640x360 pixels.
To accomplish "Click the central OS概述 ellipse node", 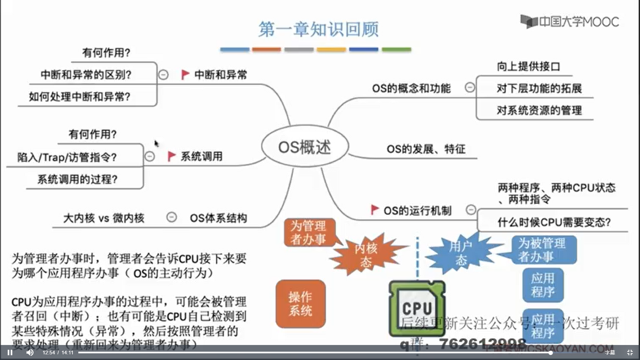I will (305, 147).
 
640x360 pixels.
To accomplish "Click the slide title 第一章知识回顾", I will (318, 29).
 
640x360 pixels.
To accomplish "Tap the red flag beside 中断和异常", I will (185, 74).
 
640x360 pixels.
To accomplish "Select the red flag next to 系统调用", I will (171, 156).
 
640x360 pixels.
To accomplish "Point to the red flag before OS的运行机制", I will (375, 210).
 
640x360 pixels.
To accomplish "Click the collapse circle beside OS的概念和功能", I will (470, 88).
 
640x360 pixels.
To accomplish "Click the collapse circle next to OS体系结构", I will (171, 217).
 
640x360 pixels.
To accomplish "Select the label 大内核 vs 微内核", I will (104, 218).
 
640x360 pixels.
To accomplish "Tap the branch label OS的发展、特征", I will (426, 149).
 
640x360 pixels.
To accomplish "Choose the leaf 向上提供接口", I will (528, 67).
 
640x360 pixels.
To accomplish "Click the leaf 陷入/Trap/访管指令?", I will (67, 157).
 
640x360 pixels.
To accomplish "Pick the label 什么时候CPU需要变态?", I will (554, 222).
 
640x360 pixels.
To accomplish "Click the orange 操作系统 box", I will (300, 304).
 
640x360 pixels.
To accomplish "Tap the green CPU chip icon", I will (417, 307).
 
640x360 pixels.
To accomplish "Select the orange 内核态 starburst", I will (366, 255).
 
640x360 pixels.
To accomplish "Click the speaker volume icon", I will (30, 352).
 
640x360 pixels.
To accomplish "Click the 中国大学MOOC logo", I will (570, 22).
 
